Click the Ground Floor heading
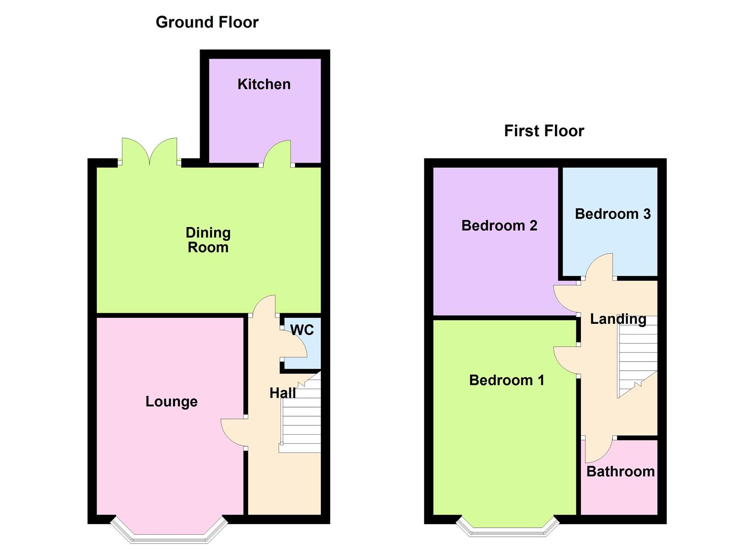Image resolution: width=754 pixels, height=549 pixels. [x=207, y=22]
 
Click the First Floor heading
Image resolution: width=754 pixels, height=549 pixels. [x=544, y=131]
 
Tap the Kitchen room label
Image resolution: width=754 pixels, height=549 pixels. [x=264, y=84]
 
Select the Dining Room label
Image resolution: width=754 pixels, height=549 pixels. [x=208, y=240]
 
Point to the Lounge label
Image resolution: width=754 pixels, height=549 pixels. [x=171, y=402]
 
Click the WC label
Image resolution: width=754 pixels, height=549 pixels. [x=302, y=330]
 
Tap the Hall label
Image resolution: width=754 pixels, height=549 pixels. [x=283, y=393]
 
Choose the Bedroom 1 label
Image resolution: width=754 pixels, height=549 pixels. [x=507, y=380]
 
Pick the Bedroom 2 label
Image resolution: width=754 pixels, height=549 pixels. [x=499, y=226]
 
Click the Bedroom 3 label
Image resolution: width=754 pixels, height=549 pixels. [x=613, y=214]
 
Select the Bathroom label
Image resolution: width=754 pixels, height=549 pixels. [x=620, y=472]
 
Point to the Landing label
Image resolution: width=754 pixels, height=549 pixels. [x=618, y=319]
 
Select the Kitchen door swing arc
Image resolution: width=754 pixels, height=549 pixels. [x=277, y=153]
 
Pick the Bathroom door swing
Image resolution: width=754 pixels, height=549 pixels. [x=599, y=449]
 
